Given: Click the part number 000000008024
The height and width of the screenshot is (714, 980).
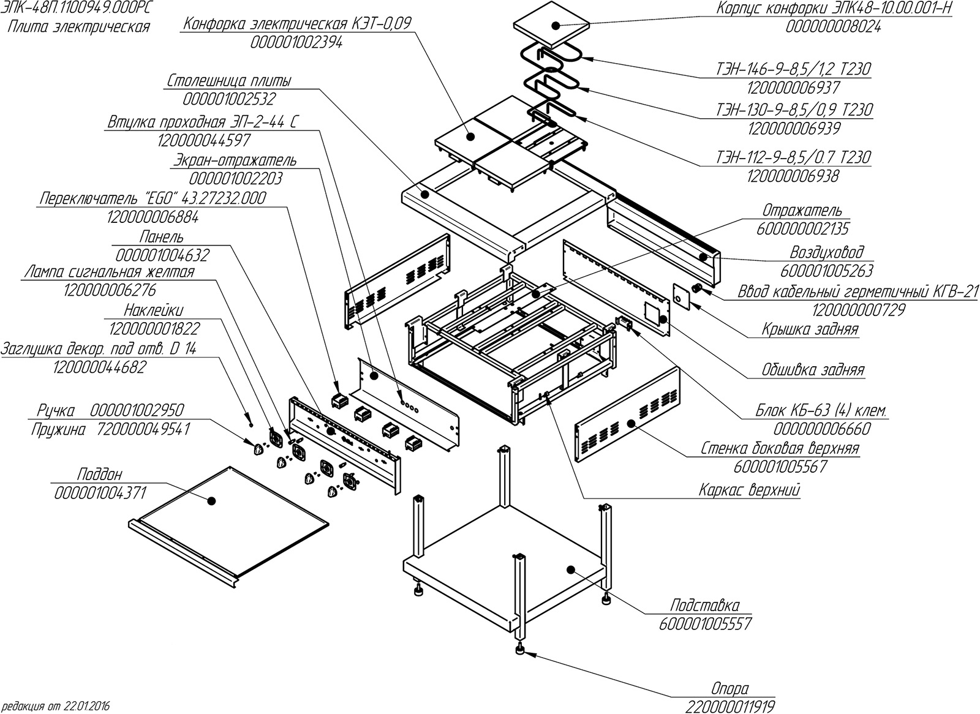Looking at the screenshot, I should tap(834, 27).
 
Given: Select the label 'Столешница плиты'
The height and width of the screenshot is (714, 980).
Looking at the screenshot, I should tap(229, 81).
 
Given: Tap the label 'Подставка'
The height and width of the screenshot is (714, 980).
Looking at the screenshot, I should tap(705, 606).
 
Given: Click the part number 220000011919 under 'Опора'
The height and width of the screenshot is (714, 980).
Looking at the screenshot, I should tap(730, 707).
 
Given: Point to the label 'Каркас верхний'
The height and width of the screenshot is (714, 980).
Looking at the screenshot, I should tap(750, 490).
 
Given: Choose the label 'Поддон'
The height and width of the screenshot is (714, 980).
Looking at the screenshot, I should tap(100, 475).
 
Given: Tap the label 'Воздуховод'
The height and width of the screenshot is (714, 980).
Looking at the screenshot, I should tap(827, 252).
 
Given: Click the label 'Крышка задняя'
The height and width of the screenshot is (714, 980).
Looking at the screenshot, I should tap(810, 329).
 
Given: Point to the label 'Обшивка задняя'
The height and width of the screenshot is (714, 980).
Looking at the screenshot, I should tap(813, 370).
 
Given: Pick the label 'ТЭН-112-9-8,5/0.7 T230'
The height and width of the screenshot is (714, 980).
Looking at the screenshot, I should tap(809, 157).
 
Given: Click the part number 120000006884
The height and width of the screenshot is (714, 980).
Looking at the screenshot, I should tap(153, 217).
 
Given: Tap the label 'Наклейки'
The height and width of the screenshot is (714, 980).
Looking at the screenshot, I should tap(153, 310).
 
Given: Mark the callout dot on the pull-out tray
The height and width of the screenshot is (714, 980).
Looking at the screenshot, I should tap(212, 501).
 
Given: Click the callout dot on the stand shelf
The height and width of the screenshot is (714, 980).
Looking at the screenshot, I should tap(570, 569).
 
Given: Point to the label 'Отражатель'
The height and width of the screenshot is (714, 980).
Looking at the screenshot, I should tap(802, 210).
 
